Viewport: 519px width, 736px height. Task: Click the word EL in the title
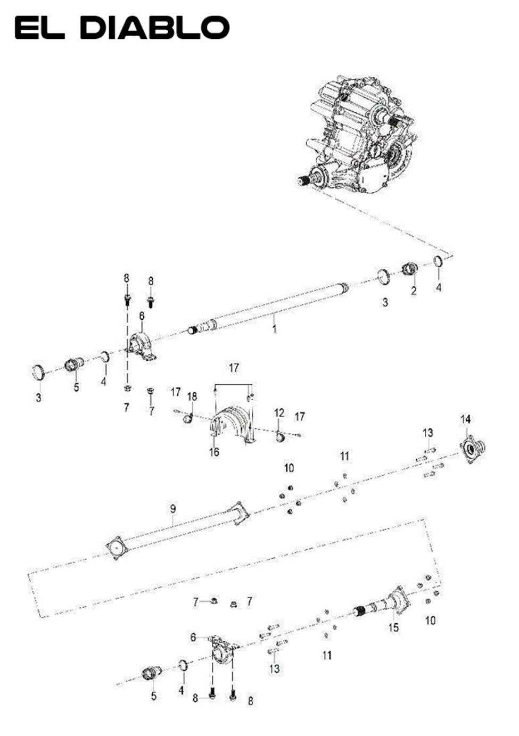tap(39, 28)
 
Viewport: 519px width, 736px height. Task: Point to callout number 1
tap(274, 329)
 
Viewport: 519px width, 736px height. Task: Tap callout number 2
tap(414, 291)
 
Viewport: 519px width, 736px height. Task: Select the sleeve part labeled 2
tap(409, 269)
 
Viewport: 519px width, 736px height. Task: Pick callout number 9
tap(173, 509)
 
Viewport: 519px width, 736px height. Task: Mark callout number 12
tap(279, 412)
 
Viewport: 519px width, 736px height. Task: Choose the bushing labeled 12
tap(281, 437)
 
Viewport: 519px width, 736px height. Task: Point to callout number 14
tap(466, 419)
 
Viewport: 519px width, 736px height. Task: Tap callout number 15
tap(393, 627)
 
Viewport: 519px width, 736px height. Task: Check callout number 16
tap(214, 452)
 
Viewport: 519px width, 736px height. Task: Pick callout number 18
tap(192, 397)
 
